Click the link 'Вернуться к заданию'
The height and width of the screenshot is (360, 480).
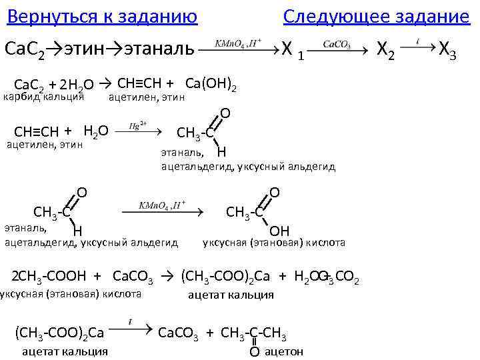point(102,16)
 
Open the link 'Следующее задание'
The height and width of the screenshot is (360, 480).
point(376,16)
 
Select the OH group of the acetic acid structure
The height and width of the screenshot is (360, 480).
point(279,231)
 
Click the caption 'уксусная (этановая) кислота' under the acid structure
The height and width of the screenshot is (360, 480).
point(273,243)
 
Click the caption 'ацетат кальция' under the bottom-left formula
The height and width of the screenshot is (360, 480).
point(65,351)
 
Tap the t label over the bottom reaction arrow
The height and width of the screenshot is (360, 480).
point(130,322)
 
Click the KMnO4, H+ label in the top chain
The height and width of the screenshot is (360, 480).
point(238,43)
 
